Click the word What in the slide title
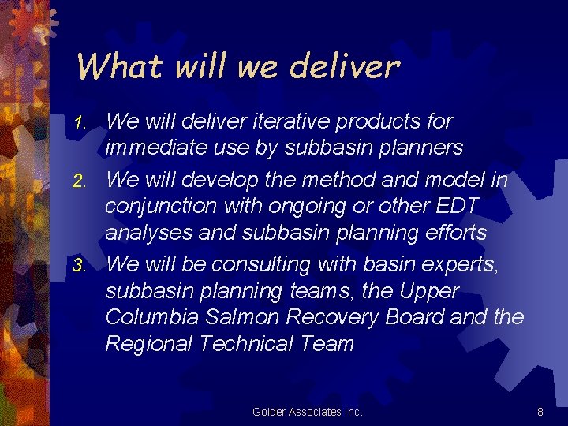[x=122, y=66]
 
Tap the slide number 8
[x=540, y=412]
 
